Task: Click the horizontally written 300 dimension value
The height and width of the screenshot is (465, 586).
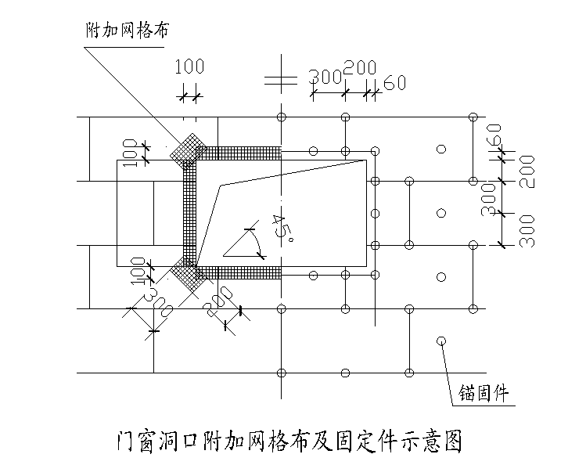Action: (x=325, y=77)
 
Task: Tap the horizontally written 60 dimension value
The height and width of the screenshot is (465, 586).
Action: (x=394, y=83)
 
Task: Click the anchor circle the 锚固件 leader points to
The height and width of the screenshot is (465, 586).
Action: (x=441, y=341)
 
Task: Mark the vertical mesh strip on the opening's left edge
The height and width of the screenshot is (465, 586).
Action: (x=189, y=211)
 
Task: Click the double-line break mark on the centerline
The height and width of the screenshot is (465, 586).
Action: (x=280, y=79)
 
